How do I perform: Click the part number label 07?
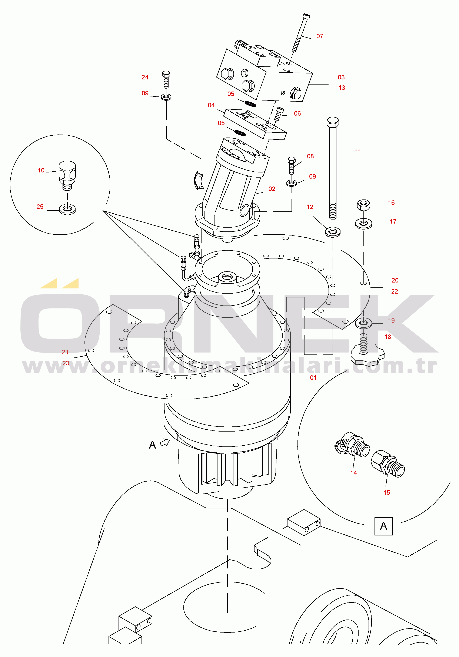319,36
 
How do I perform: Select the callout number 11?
358,152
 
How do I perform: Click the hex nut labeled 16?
363,205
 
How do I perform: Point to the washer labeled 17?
363,224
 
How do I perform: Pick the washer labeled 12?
333,232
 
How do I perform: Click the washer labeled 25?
67,209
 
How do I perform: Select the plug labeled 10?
67,175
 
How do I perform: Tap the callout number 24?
145,77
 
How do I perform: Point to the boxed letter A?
383,526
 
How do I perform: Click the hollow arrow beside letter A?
165,442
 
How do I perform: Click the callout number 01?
313,378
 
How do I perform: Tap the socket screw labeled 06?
279,114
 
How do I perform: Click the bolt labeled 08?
291,165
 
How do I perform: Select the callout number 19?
391,320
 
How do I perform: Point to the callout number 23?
66,363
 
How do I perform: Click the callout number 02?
272,189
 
